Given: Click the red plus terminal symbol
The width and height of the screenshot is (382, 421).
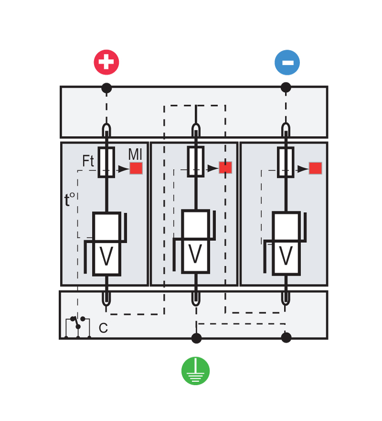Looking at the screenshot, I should coord(106,62).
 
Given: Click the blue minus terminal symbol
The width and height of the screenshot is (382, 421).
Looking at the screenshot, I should coord(287,63).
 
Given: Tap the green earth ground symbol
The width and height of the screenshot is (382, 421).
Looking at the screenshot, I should coord(195,371).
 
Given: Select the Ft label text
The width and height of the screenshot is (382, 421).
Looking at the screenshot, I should coord(88,162).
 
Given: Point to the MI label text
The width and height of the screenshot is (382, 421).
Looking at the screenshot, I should coord(135,155).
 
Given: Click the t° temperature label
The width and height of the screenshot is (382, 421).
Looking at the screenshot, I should coord(70,200).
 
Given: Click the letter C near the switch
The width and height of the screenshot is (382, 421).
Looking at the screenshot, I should coord(103,328).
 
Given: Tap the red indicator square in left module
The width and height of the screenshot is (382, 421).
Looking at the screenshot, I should coord(136,168).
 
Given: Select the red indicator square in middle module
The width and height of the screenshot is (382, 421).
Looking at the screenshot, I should coord(225,167).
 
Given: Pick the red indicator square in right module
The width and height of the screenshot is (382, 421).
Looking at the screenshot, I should coord(315,168).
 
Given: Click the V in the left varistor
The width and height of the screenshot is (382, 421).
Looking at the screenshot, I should coord(106,257).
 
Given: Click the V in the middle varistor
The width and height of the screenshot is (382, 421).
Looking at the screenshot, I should coord(195,255).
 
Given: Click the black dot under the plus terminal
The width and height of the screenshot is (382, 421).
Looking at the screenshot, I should coord(106,88).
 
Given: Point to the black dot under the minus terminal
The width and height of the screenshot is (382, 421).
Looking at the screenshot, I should coord(286,87).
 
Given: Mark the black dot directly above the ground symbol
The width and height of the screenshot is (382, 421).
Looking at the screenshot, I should coord(196,338).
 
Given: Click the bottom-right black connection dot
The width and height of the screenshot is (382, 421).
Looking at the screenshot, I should coord(286,338).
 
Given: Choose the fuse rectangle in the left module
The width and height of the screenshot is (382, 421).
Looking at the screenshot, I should coord(106,162).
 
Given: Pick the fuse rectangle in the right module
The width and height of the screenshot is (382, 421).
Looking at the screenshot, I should coord(286,162).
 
